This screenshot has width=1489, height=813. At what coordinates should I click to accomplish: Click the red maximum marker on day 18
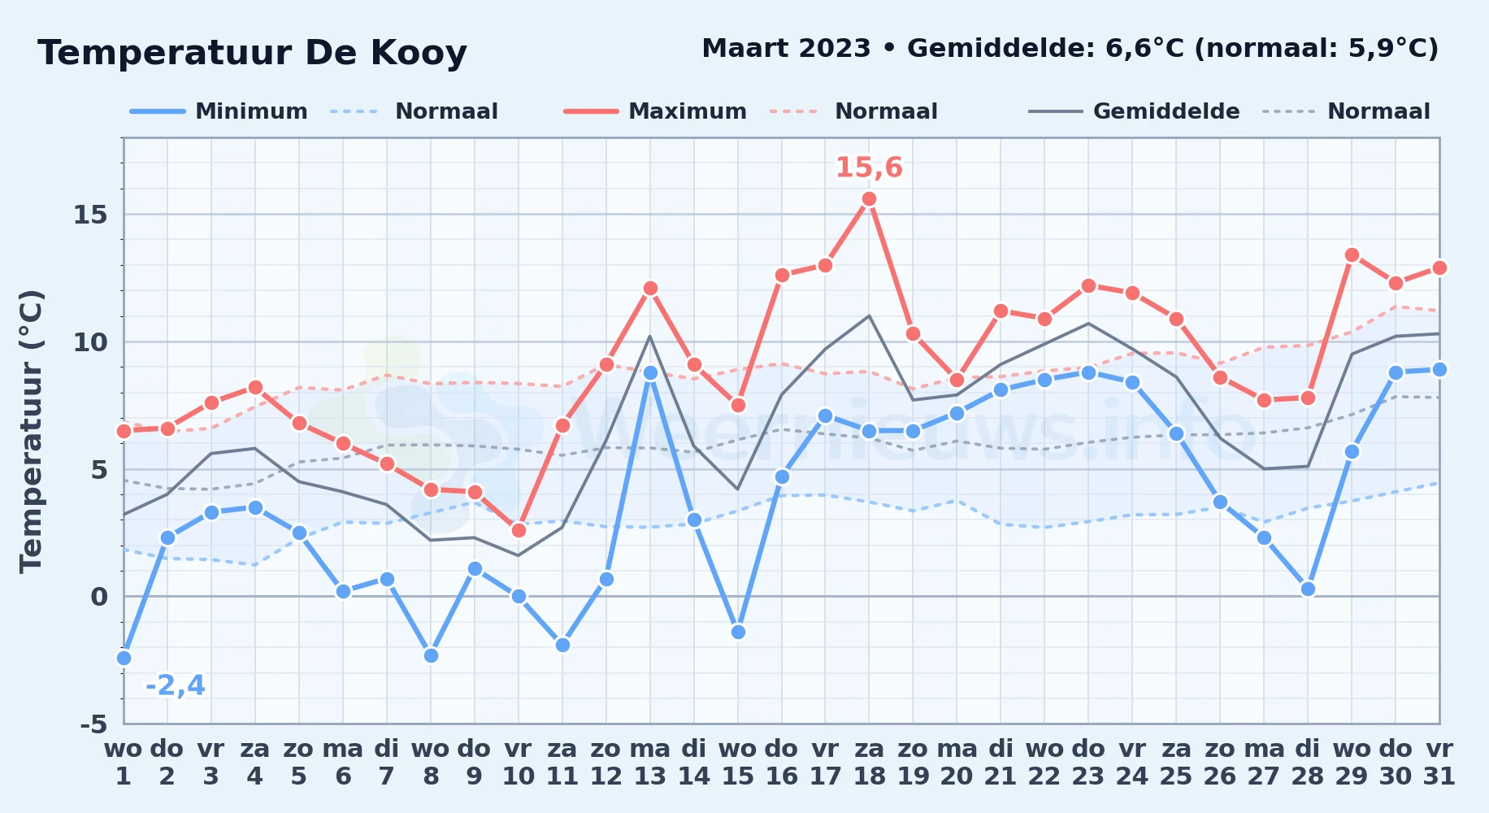[x=869, y=199]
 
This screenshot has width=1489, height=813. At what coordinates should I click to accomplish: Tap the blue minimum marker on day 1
[x=124, y=658]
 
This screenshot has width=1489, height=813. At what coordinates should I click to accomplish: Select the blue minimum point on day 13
[x=650, y=373]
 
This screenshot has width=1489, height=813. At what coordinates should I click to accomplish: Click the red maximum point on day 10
[x=519, y=530]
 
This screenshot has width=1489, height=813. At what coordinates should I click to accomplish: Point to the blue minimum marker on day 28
[x=1308, y=589]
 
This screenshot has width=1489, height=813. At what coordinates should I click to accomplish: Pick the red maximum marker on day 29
[x=1352, y=255]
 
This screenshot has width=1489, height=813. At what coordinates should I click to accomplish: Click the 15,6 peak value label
[x=869, y=167]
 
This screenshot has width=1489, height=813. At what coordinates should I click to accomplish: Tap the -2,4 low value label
[x=176, y=685]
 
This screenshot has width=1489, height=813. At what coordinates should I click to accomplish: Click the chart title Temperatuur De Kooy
[x=253, y=53]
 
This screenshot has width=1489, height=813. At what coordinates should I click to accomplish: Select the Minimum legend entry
[x=219, y=111]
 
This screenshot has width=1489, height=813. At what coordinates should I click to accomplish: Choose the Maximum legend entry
[x=655, y=111]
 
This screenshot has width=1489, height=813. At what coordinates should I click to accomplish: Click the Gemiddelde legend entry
[x=1134, y=111]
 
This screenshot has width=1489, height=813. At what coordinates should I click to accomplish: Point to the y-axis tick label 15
[x=90, y=215]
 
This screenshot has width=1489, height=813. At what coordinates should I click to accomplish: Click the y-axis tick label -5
[x=93, y=724]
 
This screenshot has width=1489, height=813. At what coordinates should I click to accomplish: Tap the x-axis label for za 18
[x=869, y=762]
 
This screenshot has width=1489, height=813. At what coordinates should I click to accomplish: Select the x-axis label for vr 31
[x=1439, y=762]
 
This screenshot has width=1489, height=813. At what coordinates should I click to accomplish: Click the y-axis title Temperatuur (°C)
[x=31, y=431]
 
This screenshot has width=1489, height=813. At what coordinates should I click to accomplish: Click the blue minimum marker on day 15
[x=738, y=632]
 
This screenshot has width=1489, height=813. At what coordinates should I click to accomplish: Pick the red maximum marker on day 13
[x=650, y=289]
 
